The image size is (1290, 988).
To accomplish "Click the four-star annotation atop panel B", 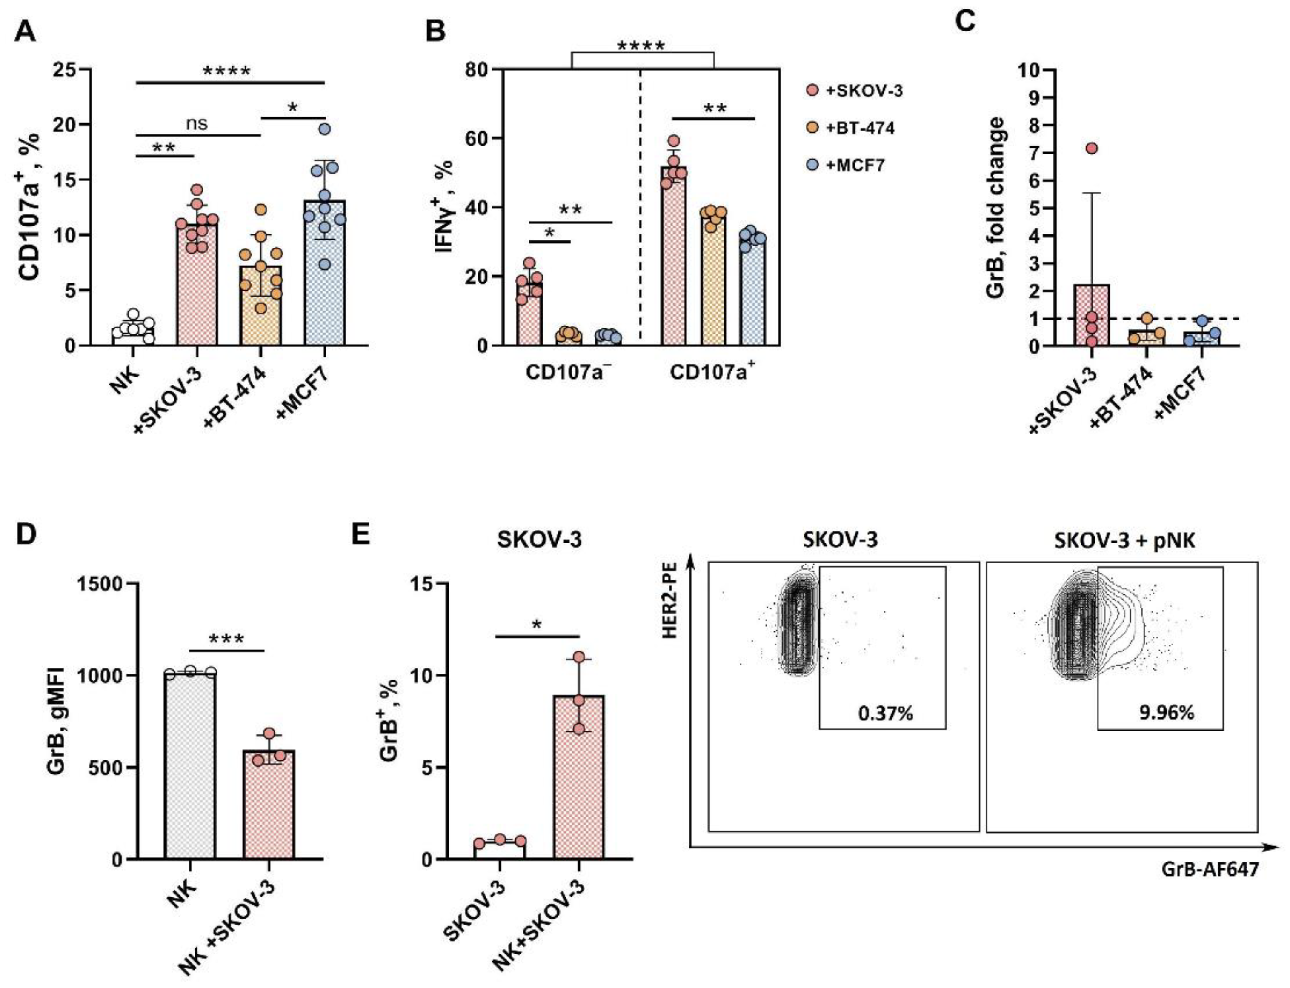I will (641, 46).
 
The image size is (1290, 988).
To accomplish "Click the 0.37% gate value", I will (885, 714).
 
